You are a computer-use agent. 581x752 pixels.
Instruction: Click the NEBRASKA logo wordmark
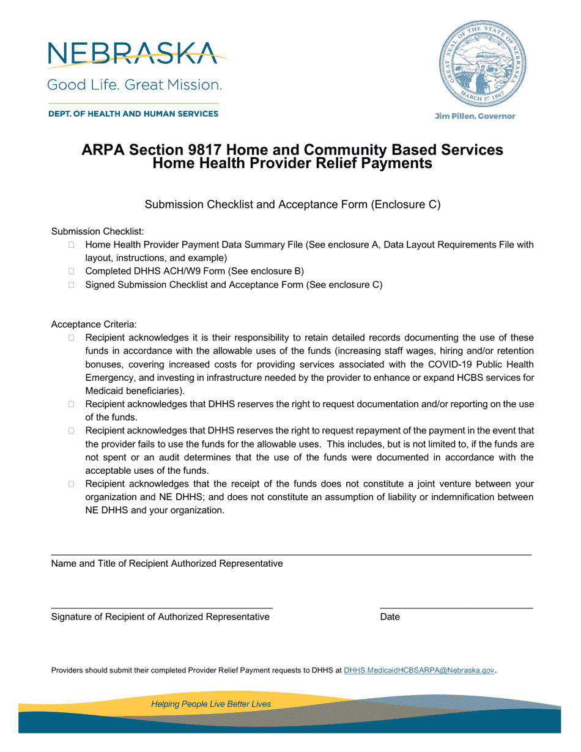131,54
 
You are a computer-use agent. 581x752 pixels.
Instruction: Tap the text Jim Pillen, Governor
475,116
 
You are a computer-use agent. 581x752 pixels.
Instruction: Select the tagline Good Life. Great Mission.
135,84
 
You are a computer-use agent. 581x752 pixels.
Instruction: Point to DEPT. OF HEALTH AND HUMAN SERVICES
133,114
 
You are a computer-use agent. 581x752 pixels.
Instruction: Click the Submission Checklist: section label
97,232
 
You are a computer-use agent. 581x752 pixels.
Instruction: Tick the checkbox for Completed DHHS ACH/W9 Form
72,271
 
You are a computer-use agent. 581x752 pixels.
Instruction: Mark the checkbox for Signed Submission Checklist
72,285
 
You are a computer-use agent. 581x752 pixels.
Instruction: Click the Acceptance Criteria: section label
94,323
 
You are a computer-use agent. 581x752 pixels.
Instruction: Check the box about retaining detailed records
72,338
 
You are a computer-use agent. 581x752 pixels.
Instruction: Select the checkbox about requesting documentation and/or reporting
72,404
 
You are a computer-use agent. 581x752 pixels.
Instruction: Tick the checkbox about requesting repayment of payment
72,431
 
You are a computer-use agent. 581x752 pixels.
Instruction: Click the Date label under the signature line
390,617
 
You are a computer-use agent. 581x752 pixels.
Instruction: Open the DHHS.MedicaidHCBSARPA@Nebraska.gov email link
419,671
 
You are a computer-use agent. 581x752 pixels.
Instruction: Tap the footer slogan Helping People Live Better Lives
211,704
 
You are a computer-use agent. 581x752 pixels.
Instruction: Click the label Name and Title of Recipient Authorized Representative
167,564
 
